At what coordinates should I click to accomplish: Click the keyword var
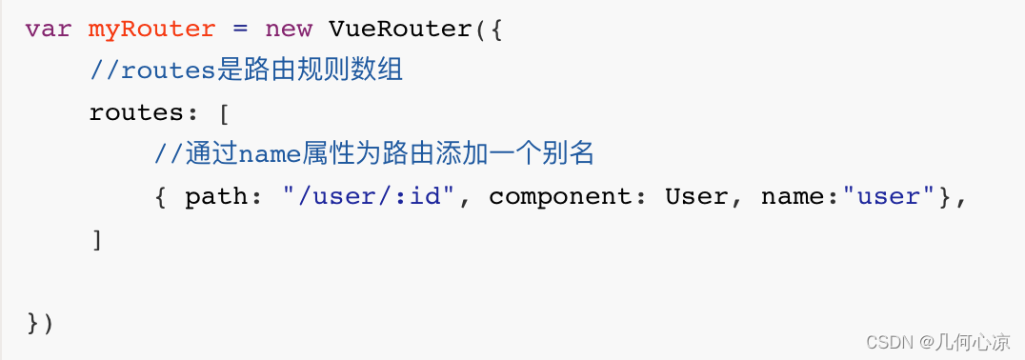point(49,30)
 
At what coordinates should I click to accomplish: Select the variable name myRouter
point(151,30)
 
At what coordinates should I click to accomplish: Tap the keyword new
point(289,30)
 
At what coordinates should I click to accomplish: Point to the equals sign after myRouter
point(240,30)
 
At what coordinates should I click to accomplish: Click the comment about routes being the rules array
point(246,70)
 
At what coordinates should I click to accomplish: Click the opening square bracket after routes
point(224,113)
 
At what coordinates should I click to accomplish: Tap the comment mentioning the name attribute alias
point(374,154)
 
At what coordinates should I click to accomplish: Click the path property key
point(216,197)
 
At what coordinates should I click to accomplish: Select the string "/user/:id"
point(368,196)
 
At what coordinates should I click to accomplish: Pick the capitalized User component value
point(695,196)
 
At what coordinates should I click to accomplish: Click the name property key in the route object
point(792,197)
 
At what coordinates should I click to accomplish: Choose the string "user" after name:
point(880,196)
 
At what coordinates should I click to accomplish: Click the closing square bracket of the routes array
point(97,240)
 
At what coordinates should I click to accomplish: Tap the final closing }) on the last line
point(40,324)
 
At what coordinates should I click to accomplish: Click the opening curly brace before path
point(160,197)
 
